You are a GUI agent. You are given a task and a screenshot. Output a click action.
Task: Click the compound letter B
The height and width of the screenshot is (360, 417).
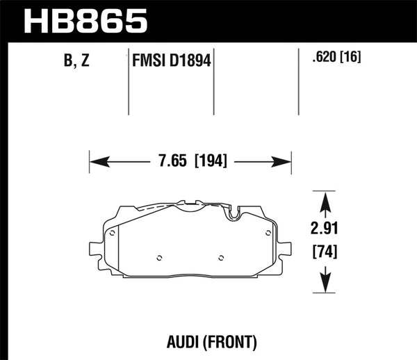(69, 60)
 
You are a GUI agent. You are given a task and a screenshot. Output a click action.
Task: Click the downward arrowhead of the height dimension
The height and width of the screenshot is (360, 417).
(325, 281)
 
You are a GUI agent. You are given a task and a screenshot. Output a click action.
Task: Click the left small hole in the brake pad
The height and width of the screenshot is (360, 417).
(159, 259)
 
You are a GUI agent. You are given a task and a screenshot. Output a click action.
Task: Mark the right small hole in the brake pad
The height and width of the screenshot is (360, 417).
(221, 259)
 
